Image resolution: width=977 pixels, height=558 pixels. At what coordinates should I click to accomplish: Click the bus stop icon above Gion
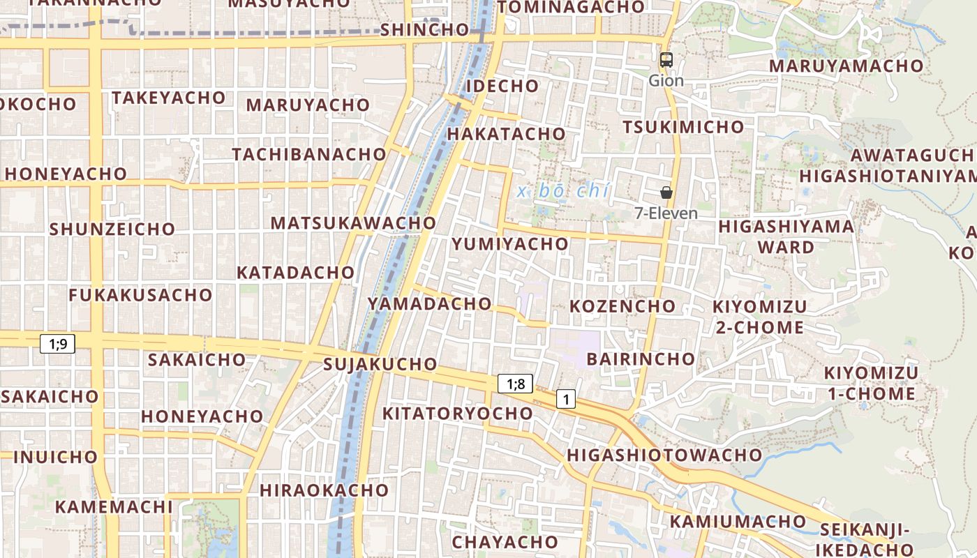point(666,60)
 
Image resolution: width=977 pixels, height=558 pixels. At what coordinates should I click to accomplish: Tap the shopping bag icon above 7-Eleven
point(666,192)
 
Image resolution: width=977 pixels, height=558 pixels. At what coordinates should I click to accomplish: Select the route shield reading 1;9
point(57,343)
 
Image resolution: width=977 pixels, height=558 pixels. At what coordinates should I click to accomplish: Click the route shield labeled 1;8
point(515,383)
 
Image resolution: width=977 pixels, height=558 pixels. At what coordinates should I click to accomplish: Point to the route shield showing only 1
point(566,400)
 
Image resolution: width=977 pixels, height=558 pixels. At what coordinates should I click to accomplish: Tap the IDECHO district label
point(502,86)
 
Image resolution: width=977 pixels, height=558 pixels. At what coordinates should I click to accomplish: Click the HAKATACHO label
point(506,133)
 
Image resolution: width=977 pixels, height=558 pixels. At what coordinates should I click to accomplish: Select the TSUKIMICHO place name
point(683,127)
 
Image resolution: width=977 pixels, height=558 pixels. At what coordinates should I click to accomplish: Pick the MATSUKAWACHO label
point(353,223)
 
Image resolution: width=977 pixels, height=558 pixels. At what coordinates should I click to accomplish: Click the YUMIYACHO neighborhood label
point(510,244)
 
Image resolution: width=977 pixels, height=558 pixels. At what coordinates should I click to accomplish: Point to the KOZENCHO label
point(622,306)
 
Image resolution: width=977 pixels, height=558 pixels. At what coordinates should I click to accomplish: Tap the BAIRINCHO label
point(641,359)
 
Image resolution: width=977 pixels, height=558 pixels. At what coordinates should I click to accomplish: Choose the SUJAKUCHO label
point(380,364)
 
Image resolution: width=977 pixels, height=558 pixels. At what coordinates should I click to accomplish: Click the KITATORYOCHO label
point(458,413)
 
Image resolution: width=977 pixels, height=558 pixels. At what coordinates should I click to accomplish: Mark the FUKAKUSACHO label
point(140,295)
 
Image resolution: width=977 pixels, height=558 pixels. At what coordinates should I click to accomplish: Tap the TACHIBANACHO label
point(309,154)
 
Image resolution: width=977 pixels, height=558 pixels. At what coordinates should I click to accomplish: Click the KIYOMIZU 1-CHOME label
point(871,383)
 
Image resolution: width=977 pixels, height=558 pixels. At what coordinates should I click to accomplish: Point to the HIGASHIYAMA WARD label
point(786,236)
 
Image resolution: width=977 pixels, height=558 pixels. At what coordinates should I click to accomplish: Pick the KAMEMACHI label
point(114,506)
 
